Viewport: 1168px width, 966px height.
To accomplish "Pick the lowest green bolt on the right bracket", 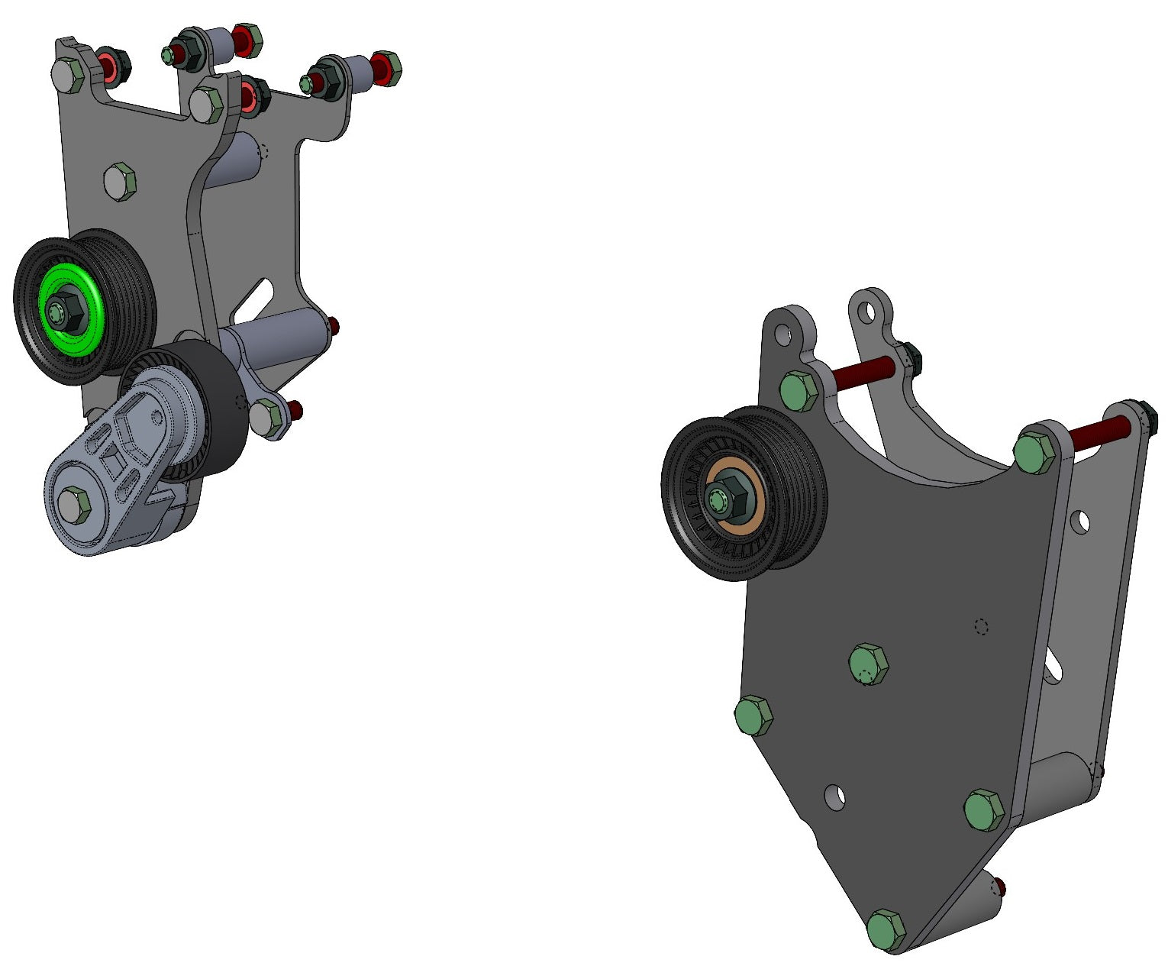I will [x=886, y=930].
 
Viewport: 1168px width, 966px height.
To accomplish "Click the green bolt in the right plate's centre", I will [x=868, y=664].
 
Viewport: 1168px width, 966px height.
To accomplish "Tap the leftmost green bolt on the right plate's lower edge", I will [x=753, y=716].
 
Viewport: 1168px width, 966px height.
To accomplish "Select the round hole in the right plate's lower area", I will [x=837, y=796].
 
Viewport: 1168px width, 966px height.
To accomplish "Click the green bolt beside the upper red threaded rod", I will [x=799, y=391].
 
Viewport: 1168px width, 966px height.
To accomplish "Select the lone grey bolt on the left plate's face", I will [x=119, y=181].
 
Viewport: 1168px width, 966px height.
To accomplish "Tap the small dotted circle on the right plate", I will [x=982, y=626].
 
